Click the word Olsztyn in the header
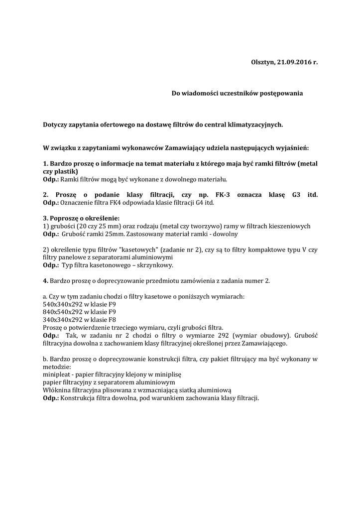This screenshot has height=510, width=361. [x=261, y=62]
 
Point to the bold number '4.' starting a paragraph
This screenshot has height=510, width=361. [x=46, y=280]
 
